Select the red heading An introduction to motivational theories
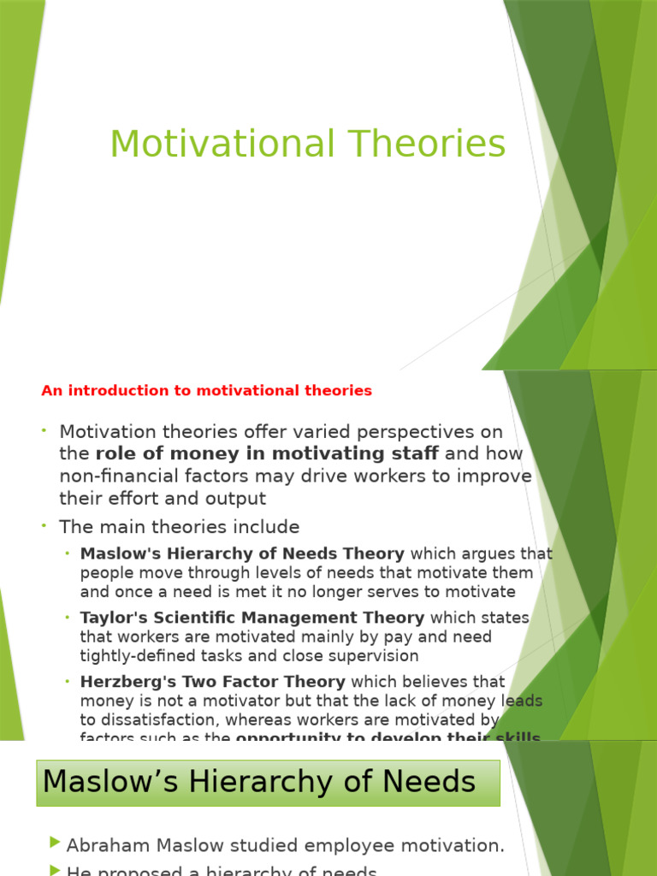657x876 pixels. tap(206, 391)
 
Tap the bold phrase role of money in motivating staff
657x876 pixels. tap(267, 453)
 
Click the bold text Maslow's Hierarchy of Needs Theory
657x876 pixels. tap(242, 553)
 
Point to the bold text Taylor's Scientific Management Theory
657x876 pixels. tap(252, 618)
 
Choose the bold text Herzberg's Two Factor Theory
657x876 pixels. tap(213, 682)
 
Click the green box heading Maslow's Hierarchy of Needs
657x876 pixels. tap(259, 781)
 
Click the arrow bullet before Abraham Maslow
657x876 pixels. tap(56, 843)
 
